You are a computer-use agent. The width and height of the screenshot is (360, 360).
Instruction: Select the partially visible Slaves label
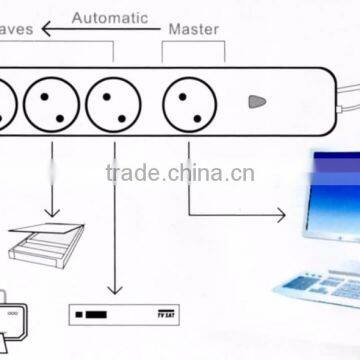[18, 31]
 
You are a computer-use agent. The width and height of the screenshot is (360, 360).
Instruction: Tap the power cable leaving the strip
[349, 92]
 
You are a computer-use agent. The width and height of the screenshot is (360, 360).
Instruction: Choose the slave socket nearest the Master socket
[113, 101]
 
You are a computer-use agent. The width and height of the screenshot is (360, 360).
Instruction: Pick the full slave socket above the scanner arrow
[51, 101]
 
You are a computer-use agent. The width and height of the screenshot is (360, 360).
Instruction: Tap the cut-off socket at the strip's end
[5, 100]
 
